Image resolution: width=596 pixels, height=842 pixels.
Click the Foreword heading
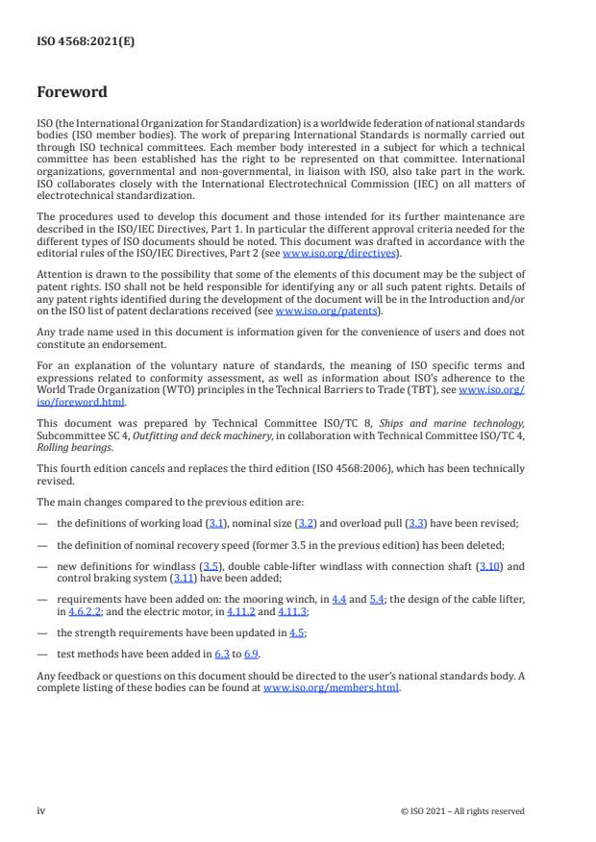click(x=72, y=92)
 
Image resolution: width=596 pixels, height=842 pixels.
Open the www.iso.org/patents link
click(x=313, y=310)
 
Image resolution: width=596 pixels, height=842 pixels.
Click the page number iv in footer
click(x=41, y=810)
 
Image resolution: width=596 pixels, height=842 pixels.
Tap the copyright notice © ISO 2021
click(x=461, y=811)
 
